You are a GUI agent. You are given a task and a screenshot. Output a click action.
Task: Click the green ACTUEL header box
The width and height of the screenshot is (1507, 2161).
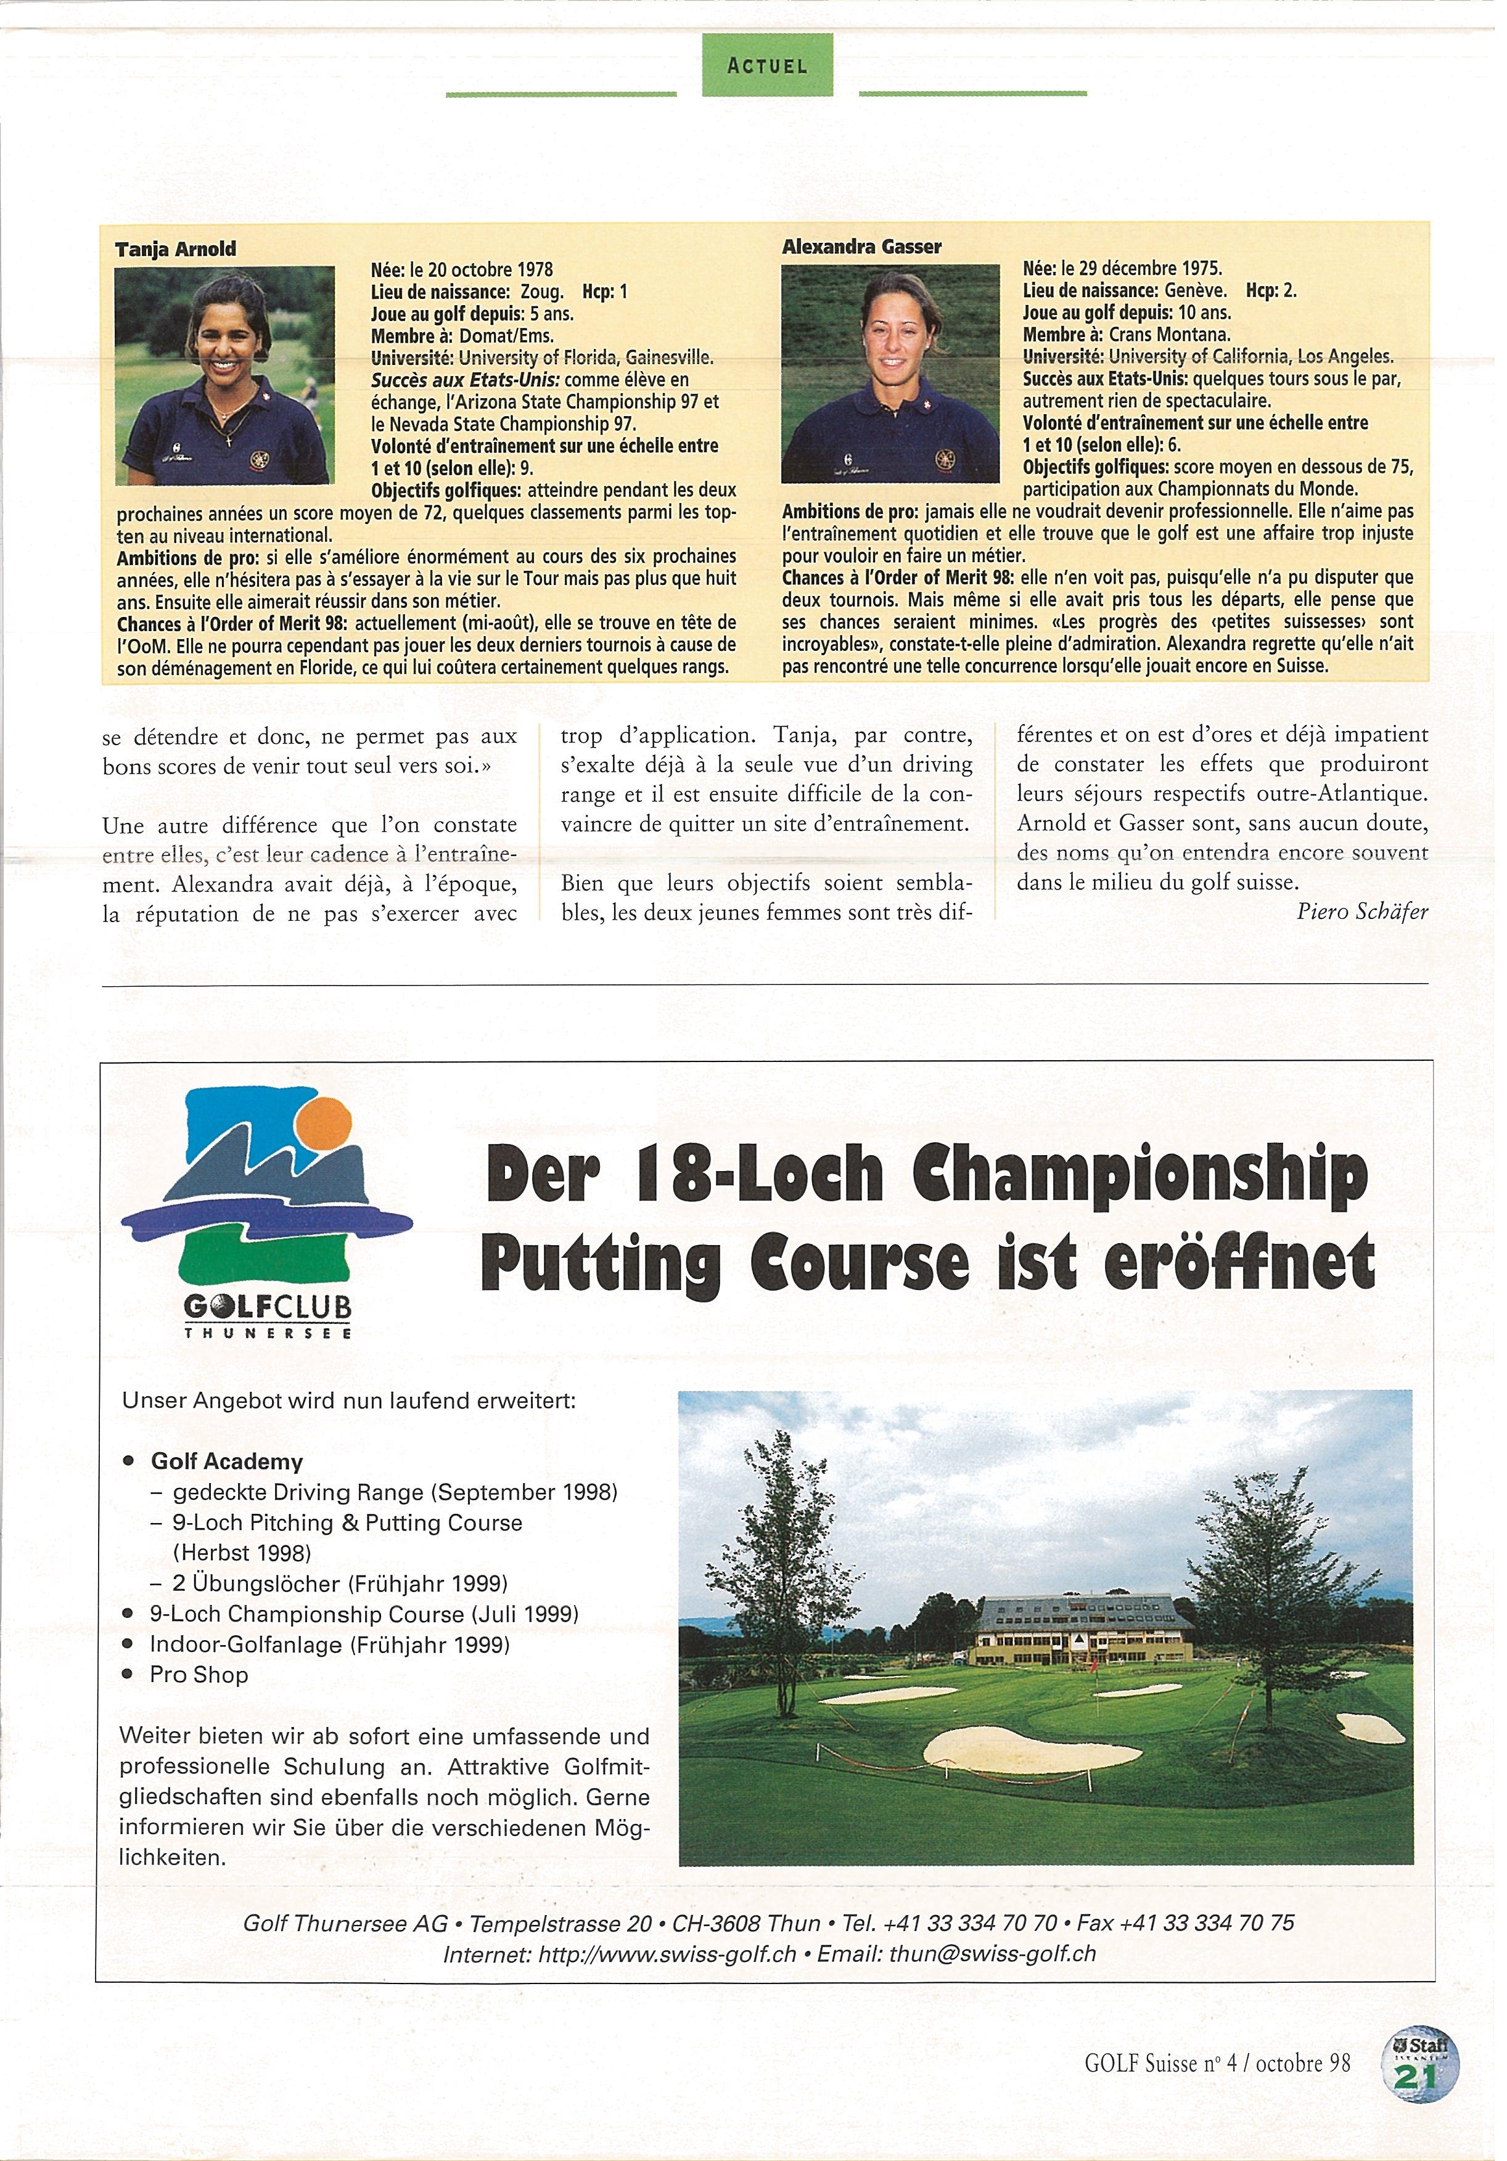coord(767,65)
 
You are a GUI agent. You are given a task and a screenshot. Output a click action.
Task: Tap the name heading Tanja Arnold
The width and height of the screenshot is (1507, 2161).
coord(175,250)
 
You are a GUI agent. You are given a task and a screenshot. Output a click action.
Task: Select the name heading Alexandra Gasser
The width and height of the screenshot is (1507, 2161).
coord(861,247)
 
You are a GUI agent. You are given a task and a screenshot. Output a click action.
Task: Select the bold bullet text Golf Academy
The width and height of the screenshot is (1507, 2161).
coord(227,1461)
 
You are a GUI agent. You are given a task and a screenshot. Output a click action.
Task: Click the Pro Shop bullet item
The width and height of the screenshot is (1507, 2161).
coord(199,1675)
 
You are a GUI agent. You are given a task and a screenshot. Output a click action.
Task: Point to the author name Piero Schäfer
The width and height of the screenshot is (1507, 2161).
coord(1362,911)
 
